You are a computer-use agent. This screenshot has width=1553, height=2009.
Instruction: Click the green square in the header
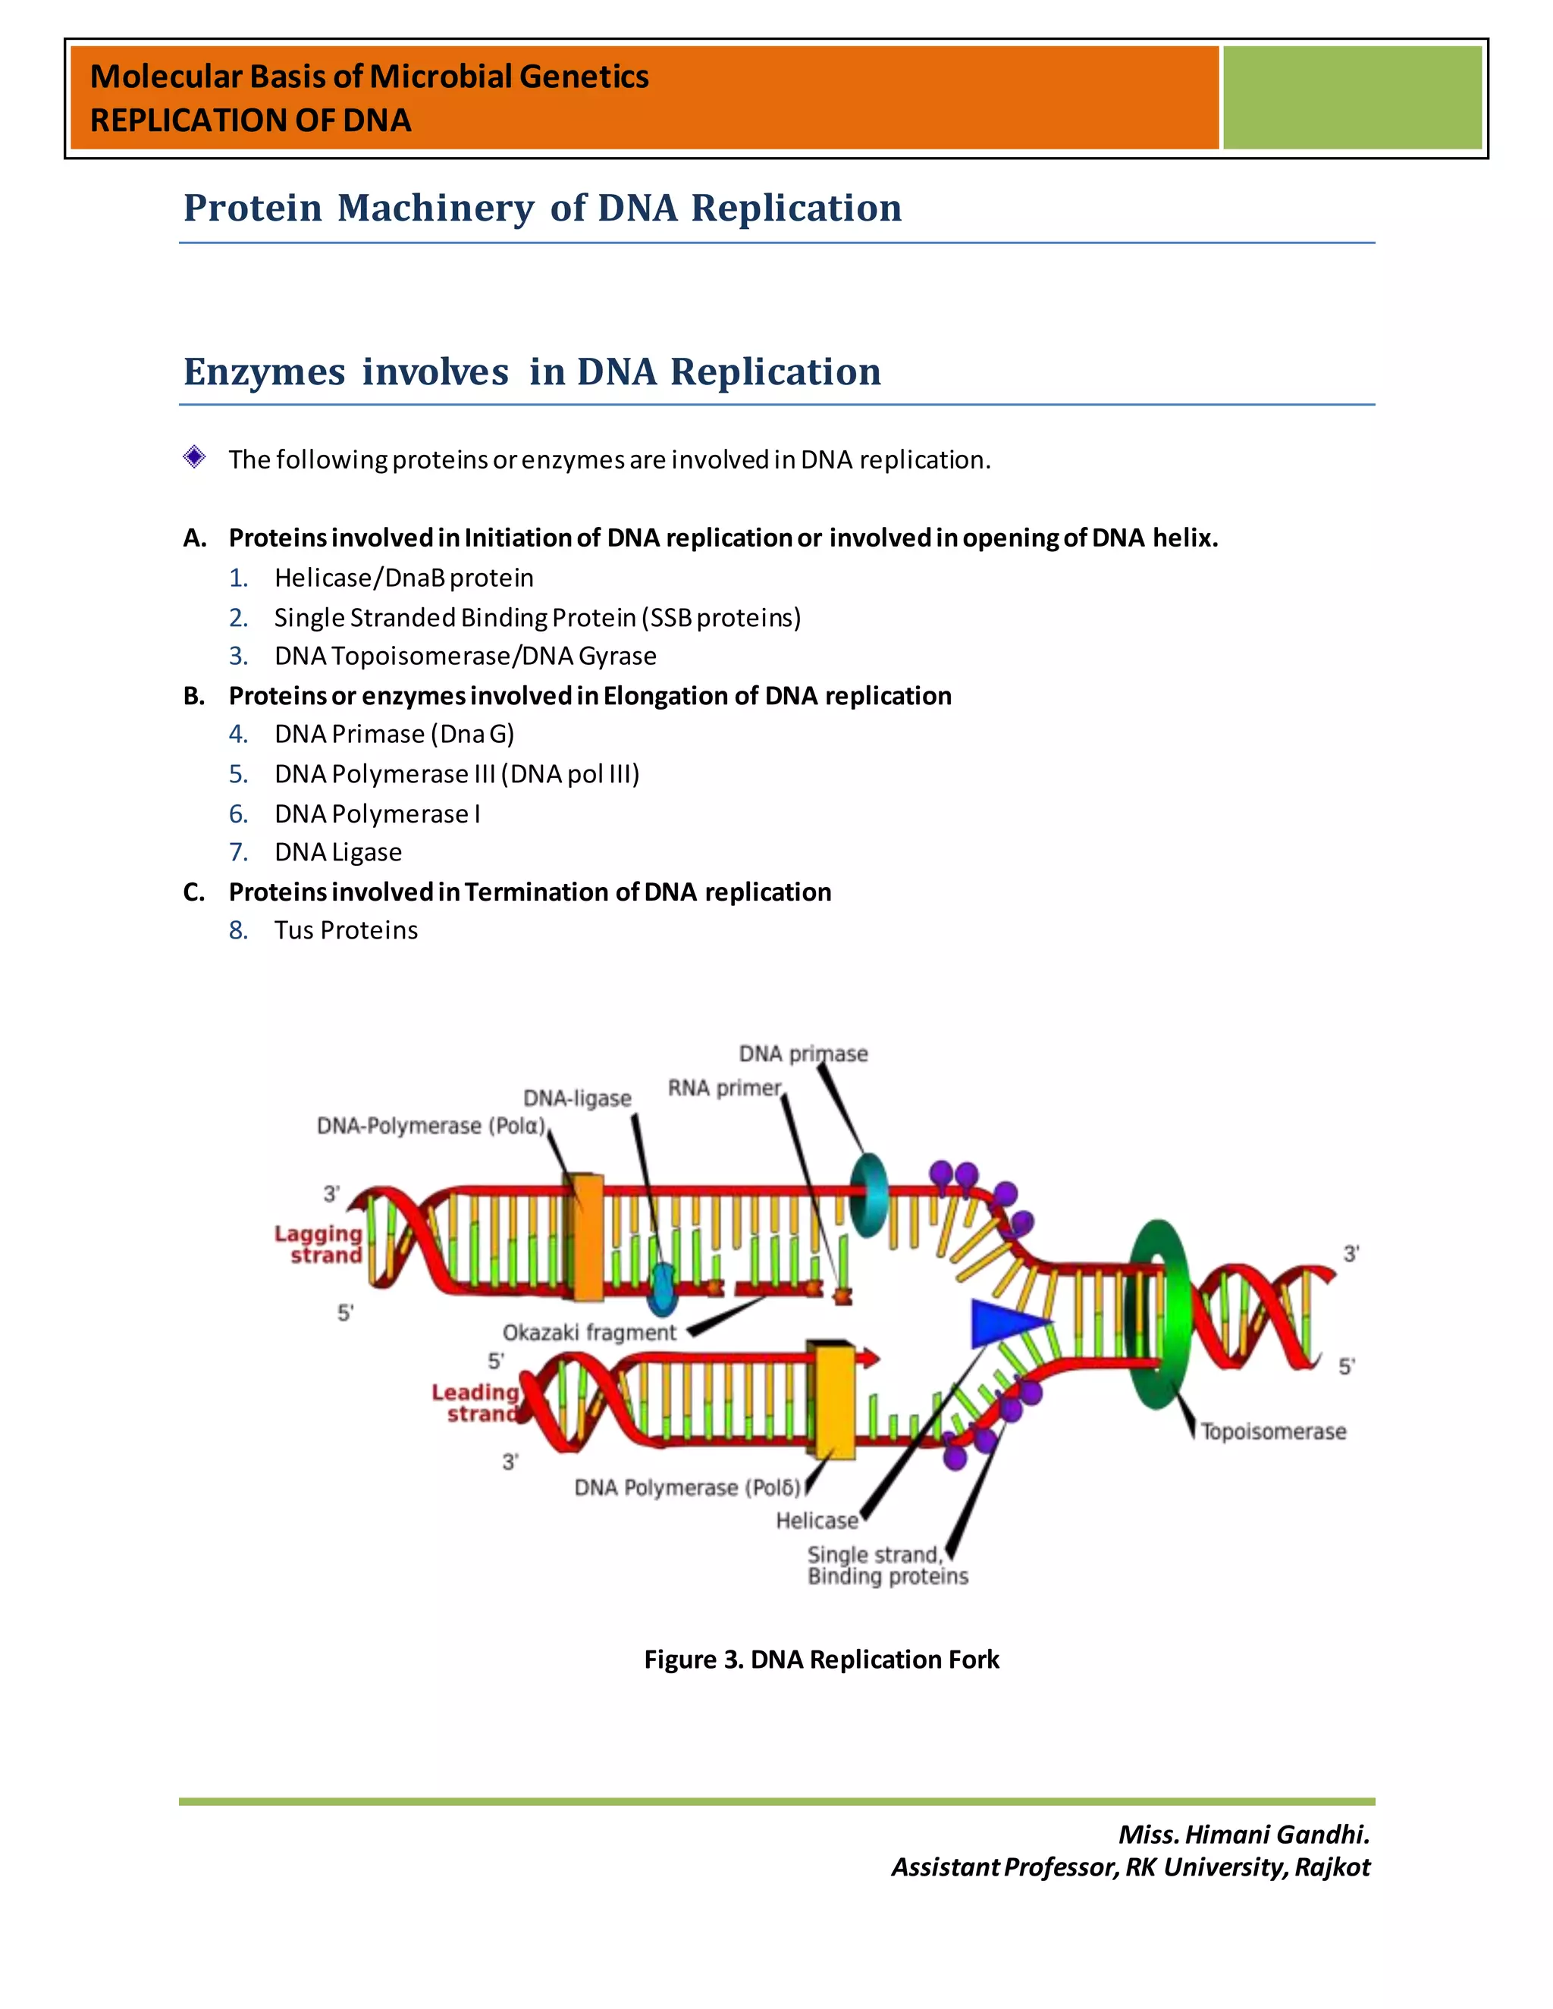(1351, 98)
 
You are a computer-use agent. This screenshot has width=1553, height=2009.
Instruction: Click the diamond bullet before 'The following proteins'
(194, 457)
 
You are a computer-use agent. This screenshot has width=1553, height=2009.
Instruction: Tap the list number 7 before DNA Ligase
(238, 852)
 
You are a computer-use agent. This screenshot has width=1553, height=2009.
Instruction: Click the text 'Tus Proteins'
(346, 930)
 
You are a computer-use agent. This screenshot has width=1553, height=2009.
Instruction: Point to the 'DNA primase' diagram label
(802, 1053)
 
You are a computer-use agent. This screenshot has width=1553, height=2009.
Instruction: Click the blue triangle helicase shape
(1006, 1323)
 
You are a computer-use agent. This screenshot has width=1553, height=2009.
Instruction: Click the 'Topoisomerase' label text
(1273, 1431)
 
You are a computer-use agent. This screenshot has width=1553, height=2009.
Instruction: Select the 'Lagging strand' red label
(318, 1243)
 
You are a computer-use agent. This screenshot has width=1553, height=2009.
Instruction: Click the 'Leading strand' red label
(475, 1403)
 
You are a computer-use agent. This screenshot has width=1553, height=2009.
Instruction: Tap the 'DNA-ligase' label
(577, 1099)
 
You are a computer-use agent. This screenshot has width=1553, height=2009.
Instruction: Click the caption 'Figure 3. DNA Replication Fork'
(820, 1659)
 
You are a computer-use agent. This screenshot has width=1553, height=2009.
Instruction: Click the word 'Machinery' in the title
(435, 208)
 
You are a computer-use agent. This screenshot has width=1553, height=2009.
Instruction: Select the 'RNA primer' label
(724, 1087)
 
